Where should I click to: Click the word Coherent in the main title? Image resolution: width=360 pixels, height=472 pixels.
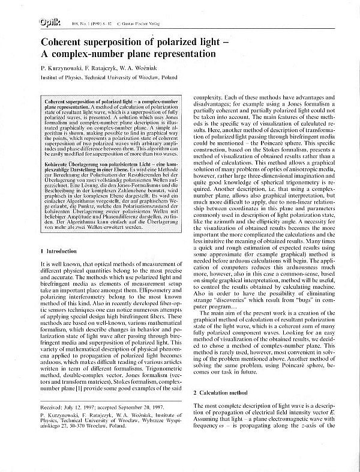click(x=64, y=43)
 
